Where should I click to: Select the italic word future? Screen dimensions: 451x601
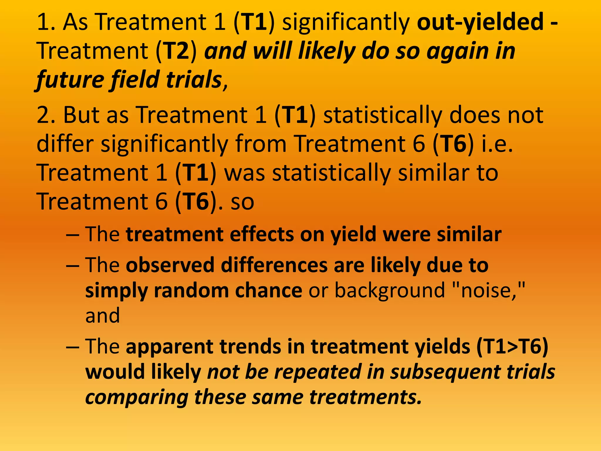pyautogui.click(x=69, y=80)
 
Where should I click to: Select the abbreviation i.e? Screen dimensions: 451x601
pyautogui.click(x=497, y=144)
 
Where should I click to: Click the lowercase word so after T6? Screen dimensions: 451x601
pyautogui.click(x=242, y=202)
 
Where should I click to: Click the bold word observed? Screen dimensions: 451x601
pyautogui.click(x=170, y=265)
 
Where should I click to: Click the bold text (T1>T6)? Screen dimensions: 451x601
pyautogui.click(x=512, y=347)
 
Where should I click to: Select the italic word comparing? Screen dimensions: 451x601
pyautogui.click(x=137, y=397)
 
